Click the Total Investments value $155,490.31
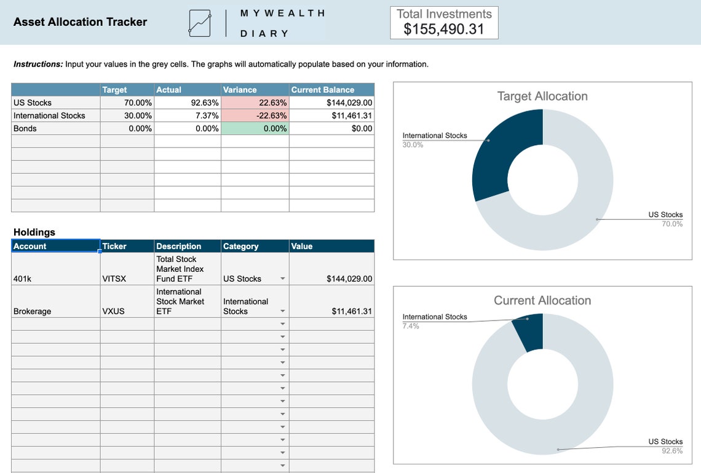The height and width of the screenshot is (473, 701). (444, 29)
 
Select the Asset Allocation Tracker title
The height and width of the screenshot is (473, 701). (80, 22)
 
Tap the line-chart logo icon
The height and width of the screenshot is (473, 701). (200, 23)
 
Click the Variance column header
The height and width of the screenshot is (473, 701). (240, 90)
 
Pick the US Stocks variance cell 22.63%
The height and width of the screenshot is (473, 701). (255, 103)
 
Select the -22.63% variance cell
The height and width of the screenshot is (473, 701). (255, 116)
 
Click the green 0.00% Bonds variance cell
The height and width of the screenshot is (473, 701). (255, 129)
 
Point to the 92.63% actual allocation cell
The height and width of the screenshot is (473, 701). (188, 103)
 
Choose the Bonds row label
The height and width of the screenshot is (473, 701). (25, 129)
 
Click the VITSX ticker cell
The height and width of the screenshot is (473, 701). (114, 279)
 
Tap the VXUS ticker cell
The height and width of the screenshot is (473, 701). (113, 311)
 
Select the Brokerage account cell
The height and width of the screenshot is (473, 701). (32, 311)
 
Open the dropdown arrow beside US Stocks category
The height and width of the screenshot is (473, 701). (283, 279)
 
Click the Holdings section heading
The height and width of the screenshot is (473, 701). (34, 232)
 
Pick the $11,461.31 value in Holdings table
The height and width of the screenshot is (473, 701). (352, 311)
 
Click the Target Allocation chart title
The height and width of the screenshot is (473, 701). (542, 96)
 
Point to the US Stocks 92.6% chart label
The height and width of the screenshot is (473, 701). (665, 446)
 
